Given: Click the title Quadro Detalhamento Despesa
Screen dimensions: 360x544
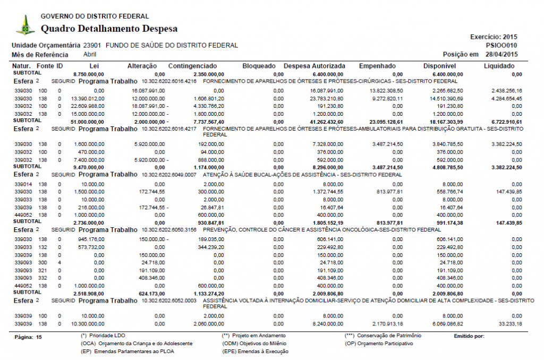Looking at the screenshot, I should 109,28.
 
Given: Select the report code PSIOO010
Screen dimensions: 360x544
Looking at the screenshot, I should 501,46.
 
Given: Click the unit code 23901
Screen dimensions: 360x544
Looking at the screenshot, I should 92,46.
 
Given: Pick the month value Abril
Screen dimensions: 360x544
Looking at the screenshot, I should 90,54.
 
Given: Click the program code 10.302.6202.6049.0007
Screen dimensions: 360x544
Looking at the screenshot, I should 169,174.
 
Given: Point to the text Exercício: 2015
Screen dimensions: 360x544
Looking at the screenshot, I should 494,37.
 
